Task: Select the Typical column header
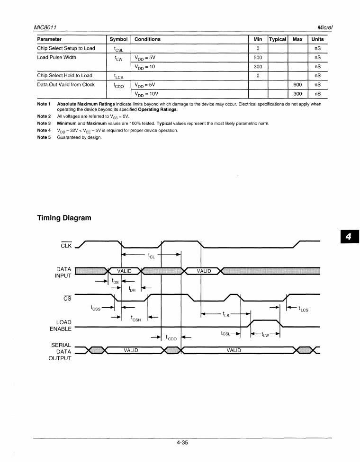(x=278, y=39)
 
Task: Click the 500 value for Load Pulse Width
(x=258, y=57)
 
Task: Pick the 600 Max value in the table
(x=297, y=85)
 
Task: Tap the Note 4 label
(x=44, y=130)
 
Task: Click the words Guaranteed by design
(x=80, y=137)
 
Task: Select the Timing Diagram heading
(x=64, y=218)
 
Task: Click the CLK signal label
(x=66, y=245)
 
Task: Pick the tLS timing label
(x=226, y=314)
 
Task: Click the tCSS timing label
(x=96, y=308)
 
